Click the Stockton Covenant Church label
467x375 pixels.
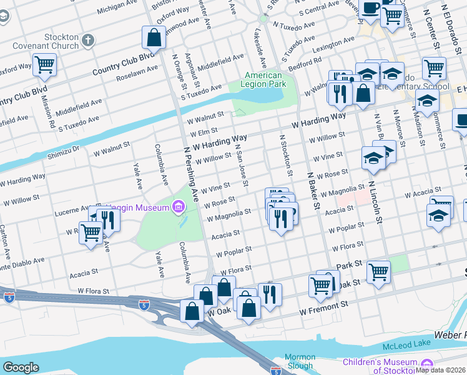52,41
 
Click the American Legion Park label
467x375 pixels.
262,80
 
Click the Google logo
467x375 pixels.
21,367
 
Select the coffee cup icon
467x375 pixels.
371,8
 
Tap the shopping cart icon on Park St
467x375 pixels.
378,272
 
